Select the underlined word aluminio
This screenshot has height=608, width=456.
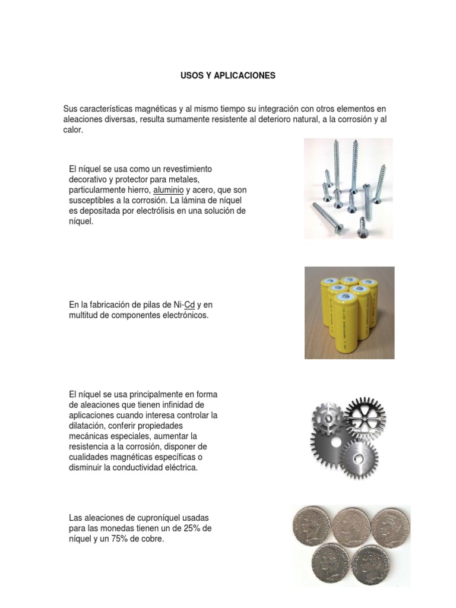click(168, 189)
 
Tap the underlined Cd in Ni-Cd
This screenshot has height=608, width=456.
click(190, 305)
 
